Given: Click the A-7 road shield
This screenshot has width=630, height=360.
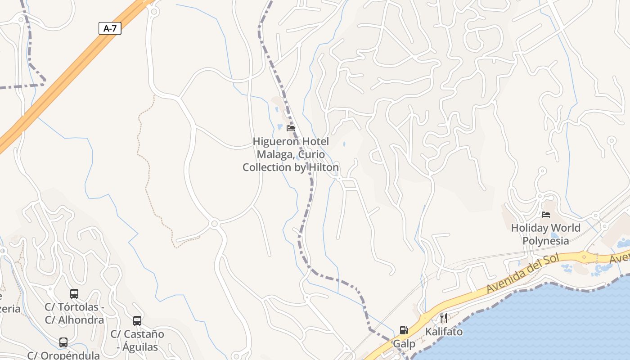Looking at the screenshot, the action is pos(110,29).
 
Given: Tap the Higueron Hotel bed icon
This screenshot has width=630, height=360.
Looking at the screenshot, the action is pos(291,128).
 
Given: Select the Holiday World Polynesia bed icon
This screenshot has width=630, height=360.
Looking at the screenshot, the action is pos(546,215).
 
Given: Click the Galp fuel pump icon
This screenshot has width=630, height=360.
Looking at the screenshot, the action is pos(404,330).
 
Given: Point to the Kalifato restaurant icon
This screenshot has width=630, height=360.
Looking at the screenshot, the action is pos(444,318).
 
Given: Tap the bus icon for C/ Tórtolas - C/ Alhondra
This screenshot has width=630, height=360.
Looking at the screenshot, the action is pos(74,294).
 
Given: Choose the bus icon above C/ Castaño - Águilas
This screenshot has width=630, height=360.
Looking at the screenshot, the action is pos(137,321).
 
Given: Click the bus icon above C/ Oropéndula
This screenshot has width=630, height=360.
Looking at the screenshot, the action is pos(63,342).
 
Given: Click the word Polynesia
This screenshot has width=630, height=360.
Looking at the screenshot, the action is pos(546,241).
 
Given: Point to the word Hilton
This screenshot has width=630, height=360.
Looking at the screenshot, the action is pos(324,167).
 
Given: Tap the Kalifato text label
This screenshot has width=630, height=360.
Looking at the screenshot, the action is pos(444,332).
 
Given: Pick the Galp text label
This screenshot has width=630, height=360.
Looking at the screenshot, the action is pos(404,344).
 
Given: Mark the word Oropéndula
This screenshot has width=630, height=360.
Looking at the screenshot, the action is pos(70,355).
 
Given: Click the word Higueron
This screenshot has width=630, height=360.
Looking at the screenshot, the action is pos(273,142).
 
